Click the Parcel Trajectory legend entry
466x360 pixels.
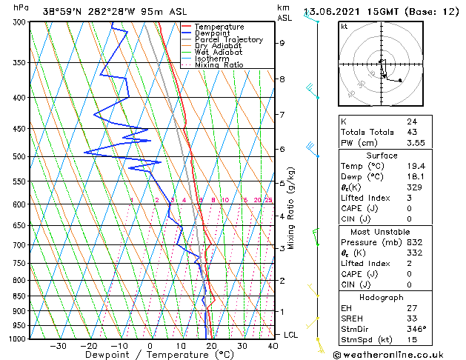[228, 39]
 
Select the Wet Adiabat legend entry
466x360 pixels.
[220, 52]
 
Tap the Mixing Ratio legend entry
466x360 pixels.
[219, 65]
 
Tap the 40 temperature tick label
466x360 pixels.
[273, 346]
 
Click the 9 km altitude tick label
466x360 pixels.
[282, 43]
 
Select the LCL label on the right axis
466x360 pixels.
[291, 335]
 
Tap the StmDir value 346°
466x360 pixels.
[416, 328]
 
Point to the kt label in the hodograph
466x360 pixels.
[344, 27]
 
